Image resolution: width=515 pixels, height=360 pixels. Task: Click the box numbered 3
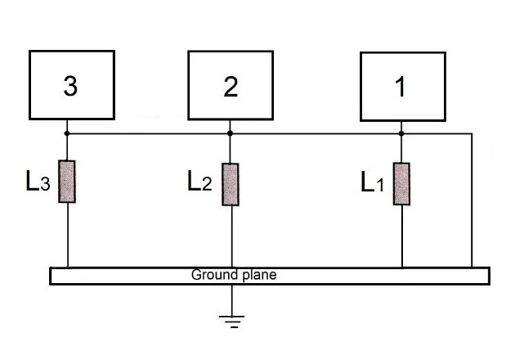click(x=72, y=85)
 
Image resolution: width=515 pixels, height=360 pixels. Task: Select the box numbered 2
click(x=231, y=85)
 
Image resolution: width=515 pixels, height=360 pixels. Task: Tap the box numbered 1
click(x=403, y=87)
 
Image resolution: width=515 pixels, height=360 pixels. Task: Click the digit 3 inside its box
click(x=70, y=86)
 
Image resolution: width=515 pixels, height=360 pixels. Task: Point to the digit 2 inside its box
click(x=231, y=87)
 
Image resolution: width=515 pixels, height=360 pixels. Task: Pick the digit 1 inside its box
click(x=401, y=87)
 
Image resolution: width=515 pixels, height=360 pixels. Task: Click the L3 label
click(x=38, y=181)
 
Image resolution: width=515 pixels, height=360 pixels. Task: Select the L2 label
click(x=199, y=181)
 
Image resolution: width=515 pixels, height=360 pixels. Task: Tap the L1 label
click(x=372, y=182)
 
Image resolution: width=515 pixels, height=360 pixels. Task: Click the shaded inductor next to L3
click(x=67, y=182)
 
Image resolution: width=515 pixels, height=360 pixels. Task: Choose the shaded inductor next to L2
click(x=231, y=184)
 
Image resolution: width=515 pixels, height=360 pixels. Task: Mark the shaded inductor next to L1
click(x=401, y=184)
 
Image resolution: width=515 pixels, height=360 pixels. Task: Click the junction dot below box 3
click(x=67, y=133)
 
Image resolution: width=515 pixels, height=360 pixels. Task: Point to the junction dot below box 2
click(x=230, y=133)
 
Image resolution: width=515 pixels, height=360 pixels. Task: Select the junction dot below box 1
click(x=401, y=133)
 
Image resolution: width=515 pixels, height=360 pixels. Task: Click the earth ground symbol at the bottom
click(x=232, y=322)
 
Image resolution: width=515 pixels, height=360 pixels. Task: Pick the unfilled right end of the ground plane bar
click(x=490, y=276)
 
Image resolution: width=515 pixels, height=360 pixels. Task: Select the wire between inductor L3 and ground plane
click(x=68, y=236)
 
